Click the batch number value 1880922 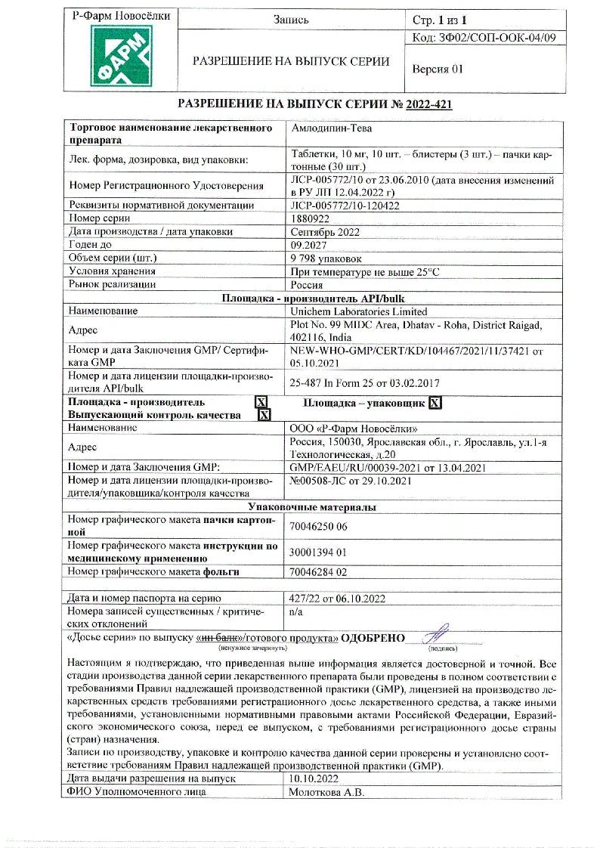[x=310, y=218]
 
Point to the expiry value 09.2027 [x=308, y=245]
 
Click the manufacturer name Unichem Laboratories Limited [x=359, y=311]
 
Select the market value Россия [x=307, y=285]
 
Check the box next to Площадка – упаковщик [x=435, y=403]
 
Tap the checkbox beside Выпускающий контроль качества [x=264, y=415]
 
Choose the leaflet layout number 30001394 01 [x=318, y=552]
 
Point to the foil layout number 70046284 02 [x=319, y=572]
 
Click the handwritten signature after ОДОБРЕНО [x=436, y=633]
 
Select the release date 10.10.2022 [x=314, y=778]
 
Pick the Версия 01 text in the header [x=437, y=69]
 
